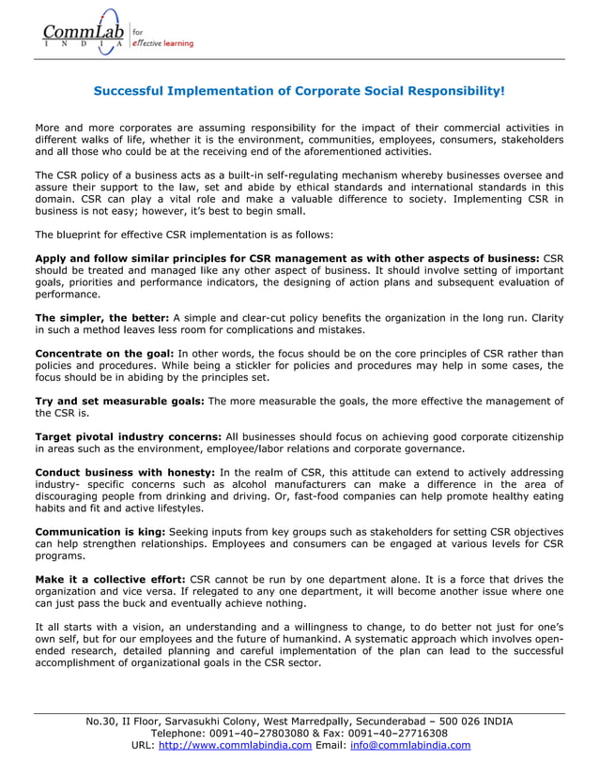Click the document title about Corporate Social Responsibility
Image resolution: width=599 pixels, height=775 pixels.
pyautogui.click(x=299, y=92)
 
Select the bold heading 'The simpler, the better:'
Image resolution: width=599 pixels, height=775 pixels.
pyautogui.click(x=101, y=318)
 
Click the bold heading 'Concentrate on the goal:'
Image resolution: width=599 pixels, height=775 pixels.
pyautogui.click(x=103, y=354)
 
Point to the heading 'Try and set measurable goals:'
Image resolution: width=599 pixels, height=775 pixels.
pyautogui.click(x=118, y=402)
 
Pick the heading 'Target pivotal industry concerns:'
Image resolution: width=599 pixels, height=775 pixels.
pyautogui.click(x=128, y=437)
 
